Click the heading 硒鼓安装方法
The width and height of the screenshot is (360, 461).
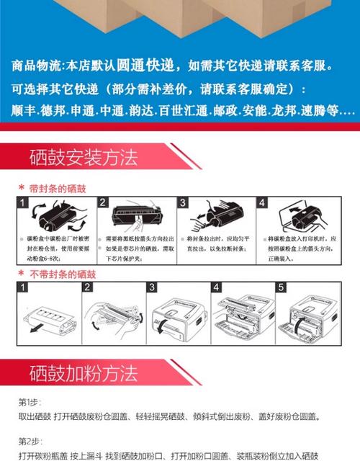83,158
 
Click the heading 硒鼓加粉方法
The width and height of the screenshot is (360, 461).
83,374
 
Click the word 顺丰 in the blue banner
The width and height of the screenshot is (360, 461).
25,112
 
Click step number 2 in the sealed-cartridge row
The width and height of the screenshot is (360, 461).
103,202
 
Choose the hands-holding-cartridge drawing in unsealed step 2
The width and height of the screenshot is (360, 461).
112,317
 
